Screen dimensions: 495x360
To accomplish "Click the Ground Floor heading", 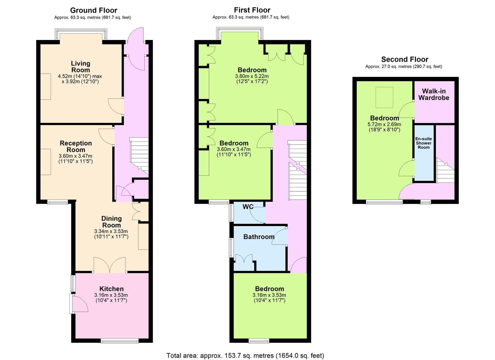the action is tap(93, 10).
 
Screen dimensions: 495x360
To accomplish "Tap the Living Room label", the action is tap(80, 67).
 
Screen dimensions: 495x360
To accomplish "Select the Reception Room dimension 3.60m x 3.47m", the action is tap(76, 156).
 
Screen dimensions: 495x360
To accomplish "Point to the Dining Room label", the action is tap(111, 222).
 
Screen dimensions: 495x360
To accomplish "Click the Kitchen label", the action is tap(111, 289).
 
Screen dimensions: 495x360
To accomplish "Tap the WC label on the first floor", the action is tap(248, 207).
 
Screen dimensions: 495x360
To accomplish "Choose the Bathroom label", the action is tap(259, 237).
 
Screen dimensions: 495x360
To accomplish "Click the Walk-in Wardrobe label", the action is tap(434, 94).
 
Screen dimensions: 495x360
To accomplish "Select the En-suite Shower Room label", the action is tap(423, 143).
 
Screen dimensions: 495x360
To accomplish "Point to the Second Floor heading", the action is tap(405, 59).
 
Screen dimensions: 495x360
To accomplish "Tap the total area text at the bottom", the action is tap(245, 356).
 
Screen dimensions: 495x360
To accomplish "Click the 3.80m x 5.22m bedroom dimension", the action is tap(252, 76).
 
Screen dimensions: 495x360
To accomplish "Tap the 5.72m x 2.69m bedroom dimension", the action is tap(384, 124).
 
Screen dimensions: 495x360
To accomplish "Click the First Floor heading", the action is tap(252, 10).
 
